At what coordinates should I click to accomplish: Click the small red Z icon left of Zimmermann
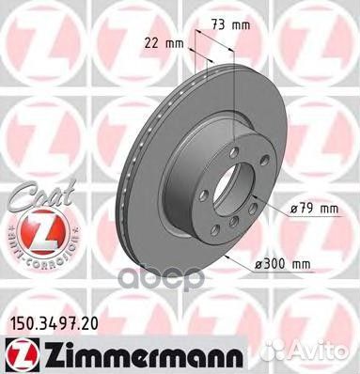pyautogui.click(x=17, y=352)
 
